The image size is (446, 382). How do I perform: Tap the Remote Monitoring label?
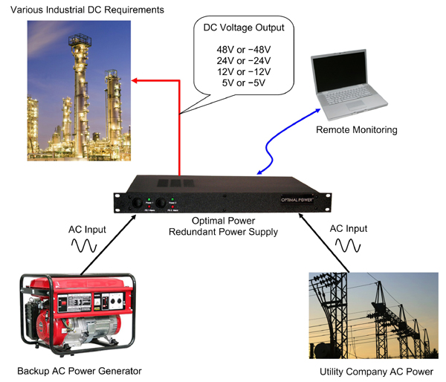coord(356,130)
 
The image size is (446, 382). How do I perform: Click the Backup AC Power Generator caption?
coord(79,370)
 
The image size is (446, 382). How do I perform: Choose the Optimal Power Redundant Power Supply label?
coord(233,227)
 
